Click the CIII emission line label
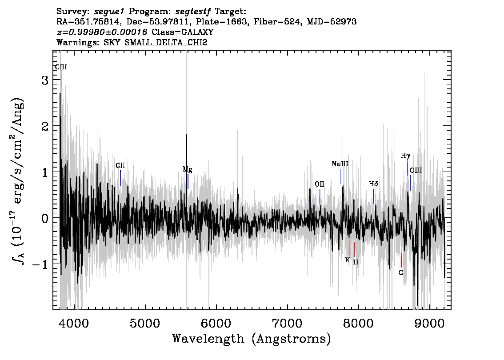(x=61, y=67)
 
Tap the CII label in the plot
(x=120, y=165)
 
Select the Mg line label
(x=188, y=170)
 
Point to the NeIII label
(x=340, y=164)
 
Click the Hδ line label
(x=373, y=184)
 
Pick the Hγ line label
(x=406, y=156)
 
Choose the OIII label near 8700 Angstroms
(x=416, y=170)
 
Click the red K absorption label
(x=348, y=260)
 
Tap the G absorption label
(x=401, y=273)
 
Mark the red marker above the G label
(x=401, y=260)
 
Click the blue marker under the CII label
(x=120, y=178)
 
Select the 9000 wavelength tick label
(x=429, y=324)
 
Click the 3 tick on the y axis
(x=45, y=80)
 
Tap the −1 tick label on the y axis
(x=40, y=264)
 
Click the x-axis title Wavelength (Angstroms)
(x=252, y=339)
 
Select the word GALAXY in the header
(x=198, y=32)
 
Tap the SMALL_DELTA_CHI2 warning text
(x=166, y=42)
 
